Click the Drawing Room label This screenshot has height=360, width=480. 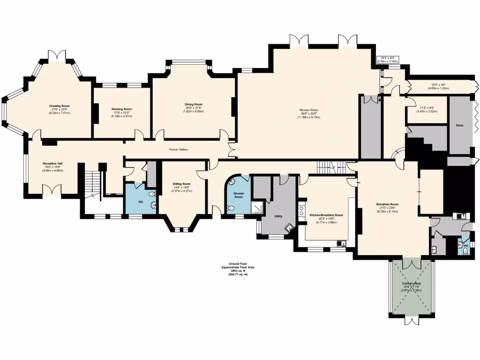click(x=60, y=106)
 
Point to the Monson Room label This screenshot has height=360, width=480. click(x=309, y=110)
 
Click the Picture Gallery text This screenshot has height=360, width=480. click(x=178, y=150)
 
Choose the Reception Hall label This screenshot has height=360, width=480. click(x=53, y=164)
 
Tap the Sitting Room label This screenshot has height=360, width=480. click(x=181, y=184)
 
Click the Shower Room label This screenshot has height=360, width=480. click(x=238, y=195)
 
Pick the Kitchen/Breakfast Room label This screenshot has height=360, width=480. click(x=326, y=215)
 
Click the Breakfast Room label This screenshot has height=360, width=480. click(x=387, y=204)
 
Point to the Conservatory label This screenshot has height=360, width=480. click(x=411, y=284)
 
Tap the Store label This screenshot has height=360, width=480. click(x=460, y=126)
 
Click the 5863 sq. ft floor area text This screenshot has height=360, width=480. click(x=238, y=270)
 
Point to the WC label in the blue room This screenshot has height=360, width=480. click(x=140, y=202)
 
